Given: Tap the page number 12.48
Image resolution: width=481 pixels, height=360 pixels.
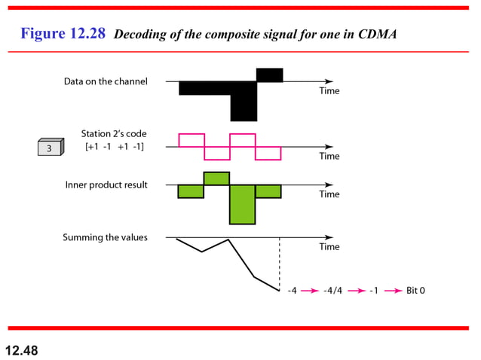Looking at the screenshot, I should coord(21,350).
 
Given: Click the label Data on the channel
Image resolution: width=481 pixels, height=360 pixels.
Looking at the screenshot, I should coord(106,81).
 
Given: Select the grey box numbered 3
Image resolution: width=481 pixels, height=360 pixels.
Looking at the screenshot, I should coord(51,148).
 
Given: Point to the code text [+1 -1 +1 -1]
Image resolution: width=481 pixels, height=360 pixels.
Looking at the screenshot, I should coord(115,146).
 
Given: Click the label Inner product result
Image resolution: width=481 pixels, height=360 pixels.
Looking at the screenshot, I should coord(106,185).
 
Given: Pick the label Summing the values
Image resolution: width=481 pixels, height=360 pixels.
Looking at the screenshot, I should coord(105,237).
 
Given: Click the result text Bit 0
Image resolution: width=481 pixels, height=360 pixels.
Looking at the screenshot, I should coord(415,290).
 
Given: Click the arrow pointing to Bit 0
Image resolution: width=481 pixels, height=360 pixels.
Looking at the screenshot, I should coord(394,290).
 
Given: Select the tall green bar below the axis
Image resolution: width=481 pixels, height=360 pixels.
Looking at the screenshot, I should coord(242,204).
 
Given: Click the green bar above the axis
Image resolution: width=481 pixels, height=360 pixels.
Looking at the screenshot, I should coord(216,178).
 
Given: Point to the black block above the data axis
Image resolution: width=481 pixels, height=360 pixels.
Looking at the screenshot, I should coord(269,75).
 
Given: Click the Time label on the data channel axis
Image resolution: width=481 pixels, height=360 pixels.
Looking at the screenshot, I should coord(329,91).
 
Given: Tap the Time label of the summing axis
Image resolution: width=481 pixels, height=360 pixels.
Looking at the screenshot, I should coord(329,246).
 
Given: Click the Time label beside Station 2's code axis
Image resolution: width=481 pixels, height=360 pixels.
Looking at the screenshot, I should coord(329,156).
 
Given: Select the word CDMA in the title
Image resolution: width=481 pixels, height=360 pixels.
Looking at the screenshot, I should coord(375,35).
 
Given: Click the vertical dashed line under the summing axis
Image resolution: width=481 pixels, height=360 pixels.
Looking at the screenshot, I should coord(280,264).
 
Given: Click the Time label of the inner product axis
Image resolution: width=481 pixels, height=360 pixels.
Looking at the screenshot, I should coord(329,194).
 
